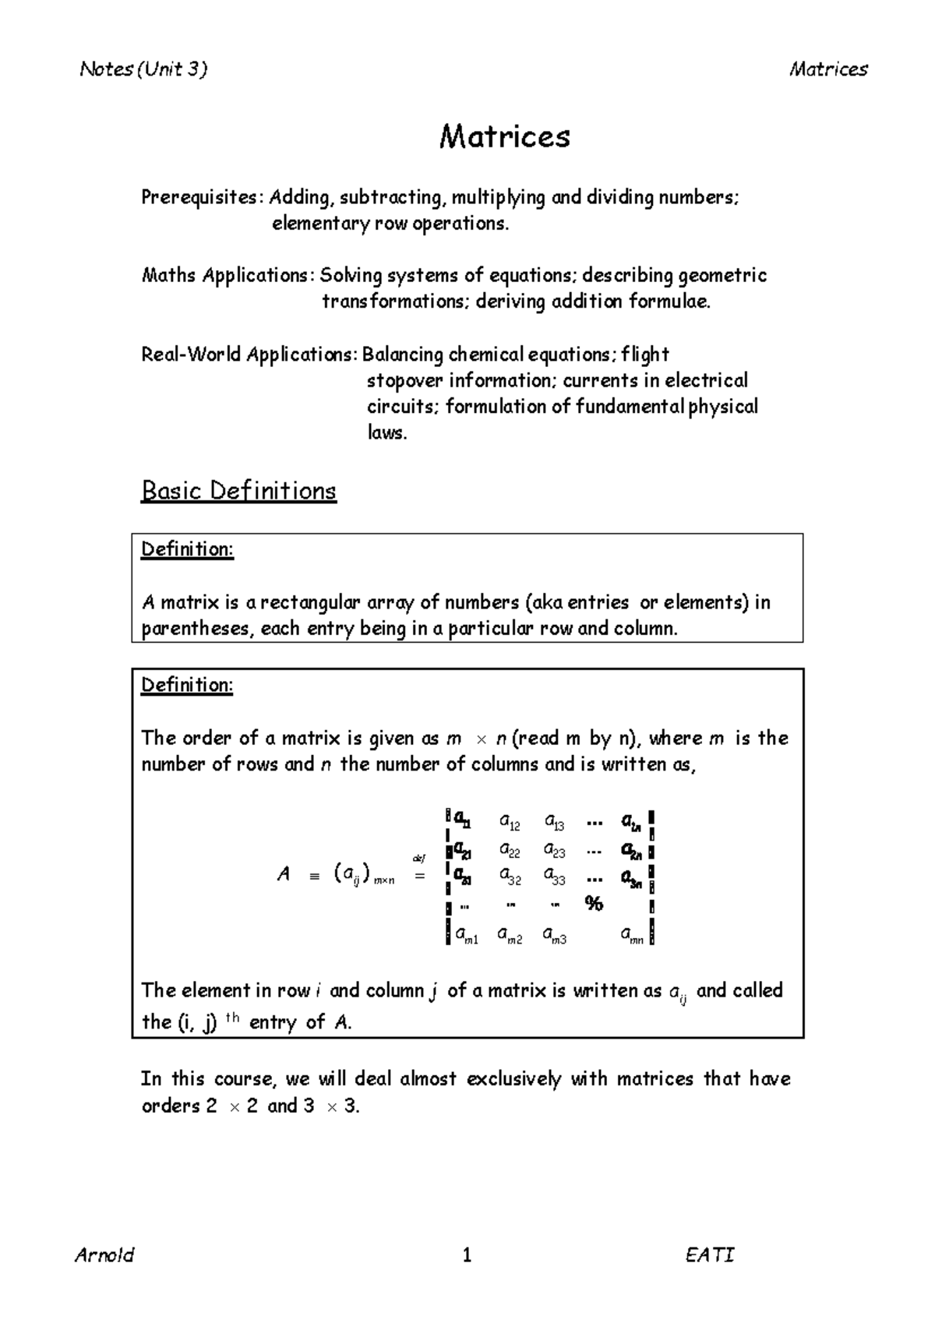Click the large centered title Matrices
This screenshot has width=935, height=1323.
(x=504, y=137)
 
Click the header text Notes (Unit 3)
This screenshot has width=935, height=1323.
(x=143, y=69)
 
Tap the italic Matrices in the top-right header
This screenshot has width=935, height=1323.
(x=827, y=69)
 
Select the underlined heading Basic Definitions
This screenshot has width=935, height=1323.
(x=238, y=491)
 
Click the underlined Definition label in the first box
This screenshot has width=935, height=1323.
(x=186, y=549)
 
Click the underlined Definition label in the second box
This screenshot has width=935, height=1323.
(x=186, y=685)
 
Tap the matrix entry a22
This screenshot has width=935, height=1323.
(x=510, y=850)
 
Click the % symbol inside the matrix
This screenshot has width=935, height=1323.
(x=594, y=904)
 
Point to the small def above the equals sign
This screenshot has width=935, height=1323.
(x=419, y=859)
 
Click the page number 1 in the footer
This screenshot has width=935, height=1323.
(x=467, y=1255)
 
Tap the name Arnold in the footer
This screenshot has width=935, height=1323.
(x=104, y=1255)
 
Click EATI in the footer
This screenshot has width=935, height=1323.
(x=709, y=1255)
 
